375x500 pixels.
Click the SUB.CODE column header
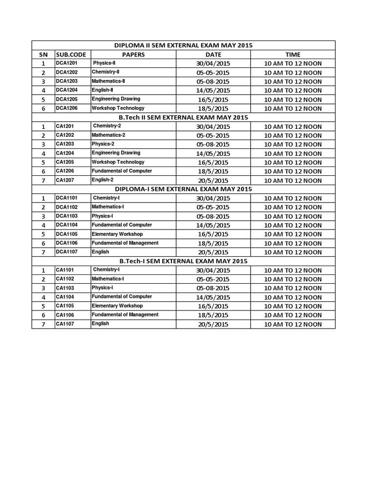pos(71,55)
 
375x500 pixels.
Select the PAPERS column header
pos(133,55)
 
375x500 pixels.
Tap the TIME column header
pos(293,55)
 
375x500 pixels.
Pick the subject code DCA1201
pos(66,63)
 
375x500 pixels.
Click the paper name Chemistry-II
pos(106,72)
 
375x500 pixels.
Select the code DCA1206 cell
pos(66,108)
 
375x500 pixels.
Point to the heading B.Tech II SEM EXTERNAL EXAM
pos(184,117)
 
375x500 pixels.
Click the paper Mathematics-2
pos(108,135)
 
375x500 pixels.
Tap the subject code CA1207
pos(64,180)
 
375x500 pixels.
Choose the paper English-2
pos(103,180)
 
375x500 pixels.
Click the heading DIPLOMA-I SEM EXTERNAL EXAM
pos(184,189)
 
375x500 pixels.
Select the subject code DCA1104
pos(66,225)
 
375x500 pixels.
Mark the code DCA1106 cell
pos(66,243)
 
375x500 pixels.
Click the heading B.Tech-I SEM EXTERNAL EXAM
pos(184,261)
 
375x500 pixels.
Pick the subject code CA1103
pos(64,288)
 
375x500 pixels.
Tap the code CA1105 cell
pos(64,306)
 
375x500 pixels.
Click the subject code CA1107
pos(64,324)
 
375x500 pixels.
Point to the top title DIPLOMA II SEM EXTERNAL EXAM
pos(184,45)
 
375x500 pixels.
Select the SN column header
pos(43,55)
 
